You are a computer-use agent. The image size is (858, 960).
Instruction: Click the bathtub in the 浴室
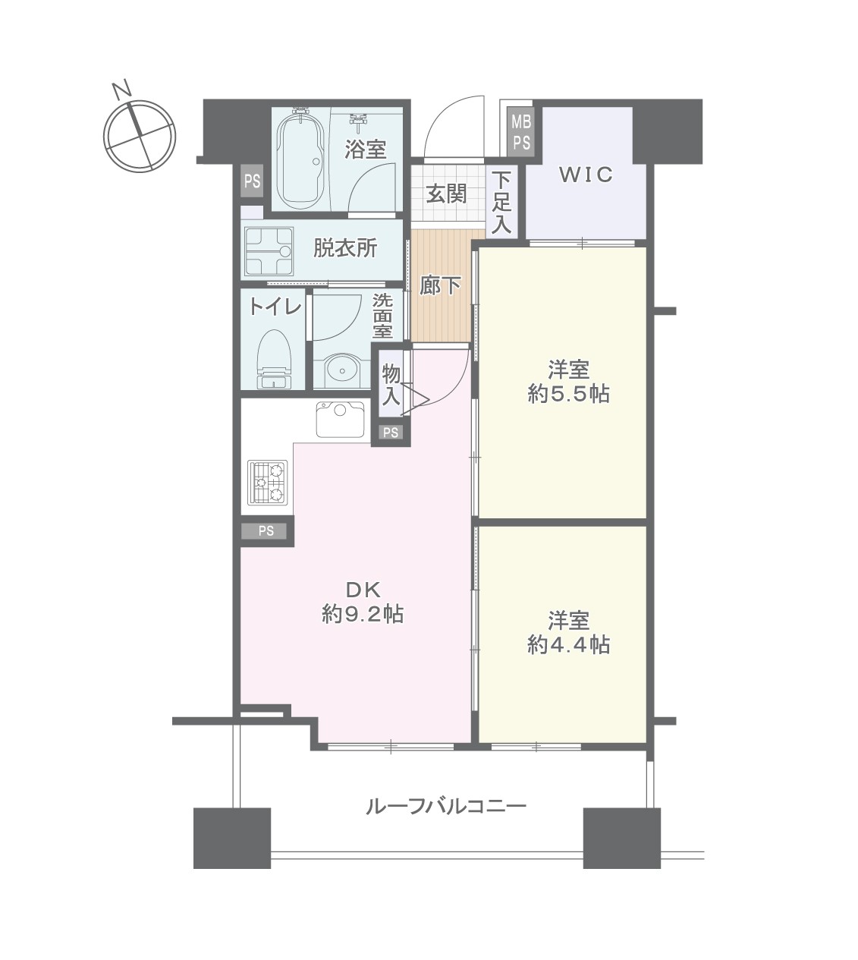click(x=301, y=161)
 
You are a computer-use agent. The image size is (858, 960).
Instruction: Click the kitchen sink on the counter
click(x=340, y=419)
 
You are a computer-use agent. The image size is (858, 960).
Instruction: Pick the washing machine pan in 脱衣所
click(x=269, y=252)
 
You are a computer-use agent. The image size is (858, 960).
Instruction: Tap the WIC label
click(x=586, y=175)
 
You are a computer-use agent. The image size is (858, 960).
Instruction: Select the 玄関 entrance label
click(x=446, y=194)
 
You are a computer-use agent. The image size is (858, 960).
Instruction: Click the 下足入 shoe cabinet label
click(x=501, y=203)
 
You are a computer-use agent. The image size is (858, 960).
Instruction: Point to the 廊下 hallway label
click(x=440, y=286)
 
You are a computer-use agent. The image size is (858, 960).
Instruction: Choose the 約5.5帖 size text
click(x=568, y=394)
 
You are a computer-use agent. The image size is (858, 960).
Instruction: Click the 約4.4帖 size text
click(x=568, y=645)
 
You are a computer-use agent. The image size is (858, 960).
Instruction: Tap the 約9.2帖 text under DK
click(x=363, y=615)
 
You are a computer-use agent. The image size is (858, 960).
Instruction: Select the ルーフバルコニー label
click(x=446, y=806)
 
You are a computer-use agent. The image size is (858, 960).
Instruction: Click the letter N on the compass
click(x=122, y=90)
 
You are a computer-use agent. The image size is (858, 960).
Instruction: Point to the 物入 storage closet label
click(x=391, y=385)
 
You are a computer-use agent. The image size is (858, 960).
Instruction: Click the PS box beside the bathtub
click(x=252, y=181)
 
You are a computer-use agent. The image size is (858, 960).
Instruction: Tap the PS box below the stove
click(x=266, y=531)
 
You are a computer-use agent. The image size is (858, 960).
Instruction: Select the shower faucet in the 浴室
click(x=360, y=121)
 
